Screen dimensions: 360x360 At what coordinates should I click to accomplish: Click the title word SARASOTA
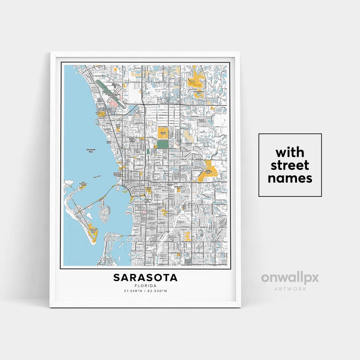coord(145,277)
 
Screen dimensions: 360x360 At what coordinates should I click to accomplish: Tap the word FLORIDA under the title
coord(145,286)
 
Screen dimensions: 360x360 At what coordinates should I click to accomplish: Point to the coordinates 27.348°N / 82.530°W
coord(145,291)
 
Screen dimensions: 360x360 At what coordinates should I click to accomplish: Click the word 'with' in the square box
coord(290,152)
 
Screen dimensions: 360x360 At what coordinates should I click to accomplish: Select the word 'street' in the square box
coord(290,165)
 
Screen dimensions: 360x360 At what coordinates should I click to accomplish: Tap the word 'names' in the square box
coord(290,178)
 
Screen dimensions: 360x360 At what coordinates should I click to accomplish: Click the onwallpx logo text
coord(290,277)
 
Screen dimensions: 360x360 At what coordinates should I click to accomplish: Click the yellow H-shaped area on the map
coord(187,237)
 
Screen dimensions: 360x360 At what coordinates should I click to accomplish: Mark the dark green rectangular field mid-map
coord(162,145)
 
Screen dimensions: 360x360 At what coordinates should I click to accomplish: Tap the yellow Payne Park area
coord(149,189)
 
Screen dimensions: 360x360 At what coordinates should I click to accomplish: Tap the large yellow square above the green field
coord(162,132)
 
